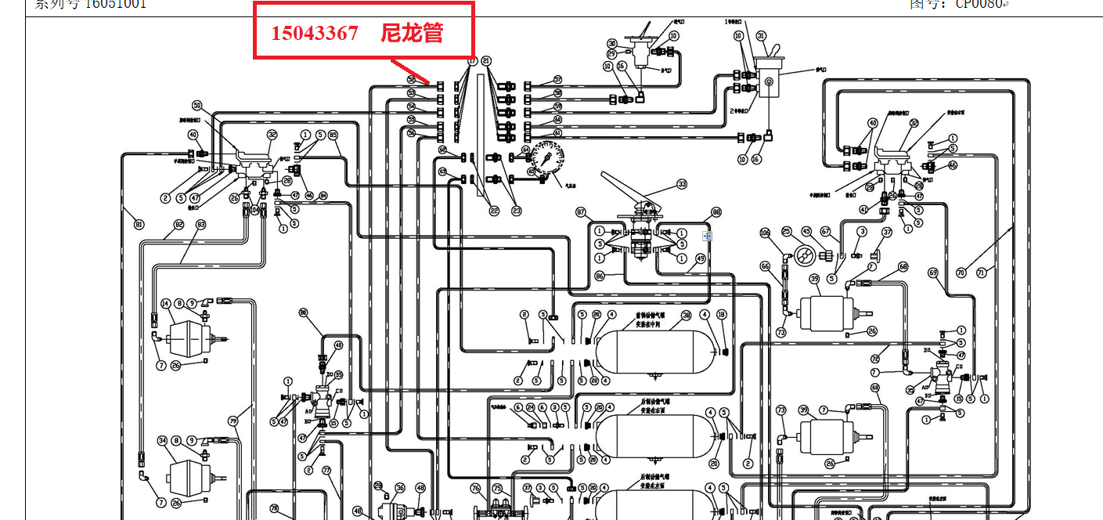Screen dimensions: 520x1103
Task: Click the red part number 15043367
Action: pyautogui.click(x=315, y=33)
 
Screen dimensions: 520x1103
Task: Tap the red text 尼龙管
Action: pyautogui.click(x=412, y=33)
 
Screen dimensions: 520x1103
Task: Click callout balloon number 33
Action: pyautogui.click(x=682, y=184)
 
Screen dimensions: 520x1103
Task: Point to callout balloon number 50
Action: pyautogui.click(x=197, y=105)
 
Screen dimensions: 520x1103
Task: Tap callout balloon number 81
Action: pyautogui.click(x=139, y=225)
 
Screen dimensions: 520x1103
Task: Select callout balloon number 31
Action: pyautogui.click(x=761, y=35)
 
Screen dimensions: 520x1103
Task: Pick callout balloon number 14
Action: pyautogui.click(x=165, y=303)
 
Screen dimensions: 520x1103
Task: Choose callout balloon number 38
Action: pyautogui.click(x=686, y=315)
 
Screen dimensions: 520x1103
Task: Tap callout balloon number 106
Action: pyautogui.click(x=766, y=233)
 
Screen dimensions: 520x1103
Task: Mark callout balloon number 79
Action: pyautogui.click(x=232, y=421)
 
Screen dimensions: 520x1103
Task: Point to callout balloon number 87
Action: pyautogui.click(x=581, y=212)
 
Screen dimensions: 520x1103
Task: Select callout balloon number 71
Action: pyautogui.click(x=992, y=272)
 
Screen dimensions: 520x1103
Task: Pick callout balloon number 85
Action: pyautogui.click(x=333, y=135)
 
